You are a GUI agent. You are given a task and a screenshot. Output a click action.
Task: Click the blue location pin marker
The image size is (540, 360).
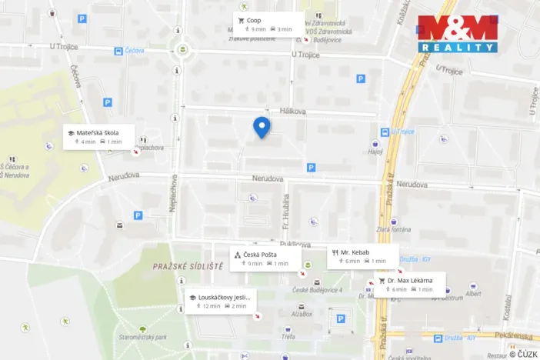click(x=262, y=127)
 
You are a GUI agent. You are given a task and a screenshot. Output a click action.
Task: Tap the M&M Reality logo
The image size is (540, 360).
click(x=458, y=33)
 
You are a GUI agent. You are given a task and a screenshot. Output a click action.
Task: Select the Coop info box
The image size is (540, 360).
click(x=268, y=24)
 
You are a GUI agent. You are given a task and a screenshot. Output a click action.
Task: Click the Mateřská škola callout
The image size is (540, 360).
click(x=99, y=136)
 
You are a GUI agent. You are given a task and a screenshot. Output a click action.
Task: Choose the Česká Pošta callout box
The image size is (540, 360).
click(x=264, y=258)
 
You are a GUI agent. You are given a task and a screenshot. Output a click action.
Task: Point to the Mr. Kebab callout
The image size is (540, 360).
click(x=363, y=256)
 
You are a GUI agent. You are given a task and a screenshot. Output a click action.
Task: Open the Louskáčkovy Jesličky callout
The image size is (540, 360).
click(x=220, y=301)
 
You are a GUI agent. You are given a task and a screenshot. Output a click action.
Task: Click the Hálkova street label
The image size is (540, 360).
click(x=293, y=112)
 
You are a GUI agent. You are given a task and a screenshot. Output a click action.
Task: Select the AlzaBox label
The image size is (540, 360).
click(x=302, y=314)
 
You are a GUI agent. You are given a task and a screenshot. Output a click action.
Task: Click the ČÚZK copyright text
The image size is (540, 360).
click(x=523, y=354)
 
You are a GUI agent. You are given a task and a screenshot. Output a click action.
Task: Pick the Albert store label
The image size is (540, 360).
click(x=474, y=294)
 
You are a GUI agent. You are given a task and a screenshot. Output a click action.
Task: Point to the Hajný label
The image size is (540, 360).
click(x=375, y=152)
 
